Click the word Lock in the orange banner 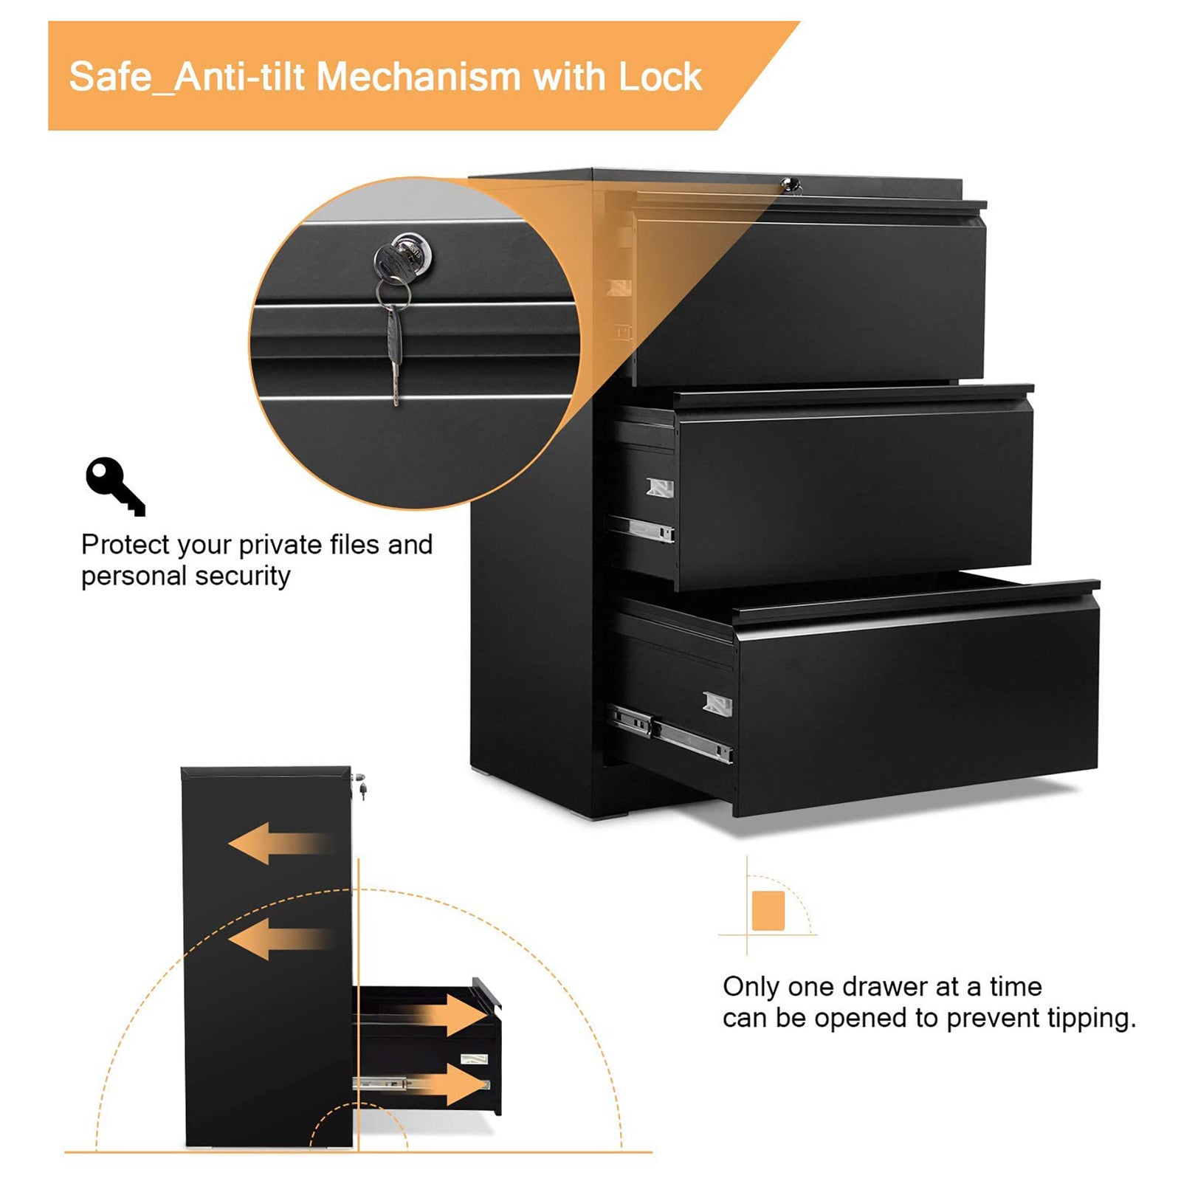tap(660, 77)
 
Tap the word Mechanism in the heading tap(419, 77)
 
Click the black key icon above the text tap(114, 485)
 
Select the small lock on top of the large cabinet tap(791, 185)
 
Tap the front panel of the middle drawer tap(853, 495)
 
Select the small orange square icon tap(768, 910)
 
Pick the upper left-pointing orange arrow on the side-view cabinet tap(277, 843)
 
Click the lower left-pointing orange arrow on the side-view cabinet tap(277, 939)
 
